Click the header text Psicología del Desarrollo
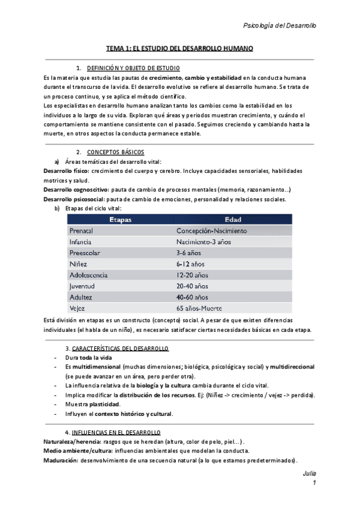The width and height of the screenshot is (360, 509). coord(279,25)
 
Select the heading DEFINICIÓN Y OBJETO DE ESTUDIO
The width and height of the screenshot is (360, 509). coord(133,68)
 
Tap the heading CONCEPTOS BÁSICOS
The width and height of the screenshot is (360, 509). coord(115,152)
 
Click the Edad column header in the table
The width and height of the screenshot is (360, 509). coord(233,220)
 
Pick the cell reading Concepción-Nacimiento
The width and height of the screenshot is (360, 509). coord(211,230)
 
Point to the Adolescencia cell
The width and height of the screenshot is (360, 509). coord(88,275)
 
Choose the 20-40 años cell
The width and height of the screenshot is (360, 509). coord(193,286)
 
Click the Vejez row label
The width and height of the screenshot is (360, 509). coord(78,308)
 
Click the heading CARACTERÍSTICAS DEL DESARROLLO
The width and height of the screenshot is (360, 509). coord(120,348)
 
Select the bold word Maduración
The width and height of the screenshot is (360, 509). coord(61,460)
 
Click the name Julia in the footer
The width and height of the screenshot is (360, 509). coord(309,474)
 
